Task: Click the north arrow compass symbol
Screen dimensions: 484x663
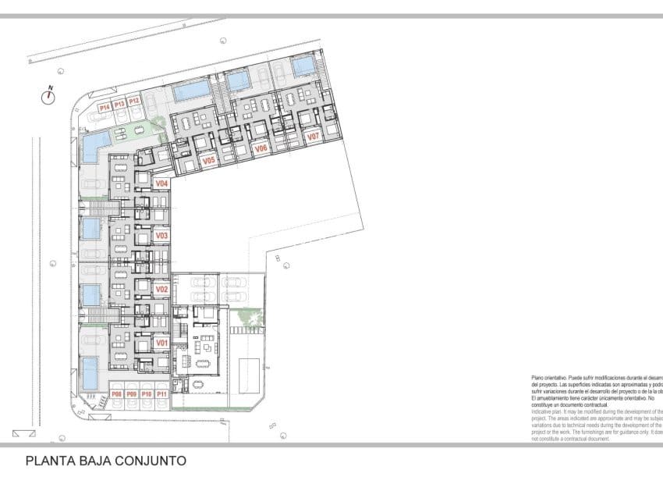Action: (x=49, y=97)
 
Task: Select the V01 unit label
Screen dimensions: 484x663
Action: (x=162, y=343)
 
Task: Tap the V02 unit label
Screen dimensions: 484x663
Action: (x=162, y=290)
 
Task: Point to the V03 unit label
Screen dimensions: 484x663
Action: (x=162, y=236)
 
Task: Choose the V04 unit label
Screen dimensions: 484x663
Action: (x=162, y=183)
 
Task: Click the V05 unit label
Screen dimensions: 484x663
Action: (x=208, y=161)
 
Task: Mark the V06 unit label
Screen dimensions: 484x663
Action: (x=261, y=148)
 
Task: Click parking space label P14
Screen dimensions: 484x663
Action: (x=105, y=105)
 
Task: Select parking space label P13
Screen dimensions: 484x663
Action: (x=119, y=103)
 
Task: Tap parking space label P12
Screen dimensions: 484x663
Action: (x=134, y=101)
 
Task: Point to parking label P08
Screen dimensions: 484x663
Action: (x=117, y=395)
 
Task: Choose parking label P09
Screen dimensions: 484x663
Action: (x=132, y=395)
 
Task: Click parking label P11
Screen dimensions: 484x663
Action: (x=161, y=395)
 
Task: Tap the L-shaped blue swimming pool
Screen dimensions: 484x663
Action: (x=94, y=144)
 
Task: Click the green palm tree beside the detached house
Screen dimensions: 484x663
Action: (x=251, y=316)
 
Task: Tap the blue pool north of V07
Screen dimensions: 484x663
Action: (x=303, y=66)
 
